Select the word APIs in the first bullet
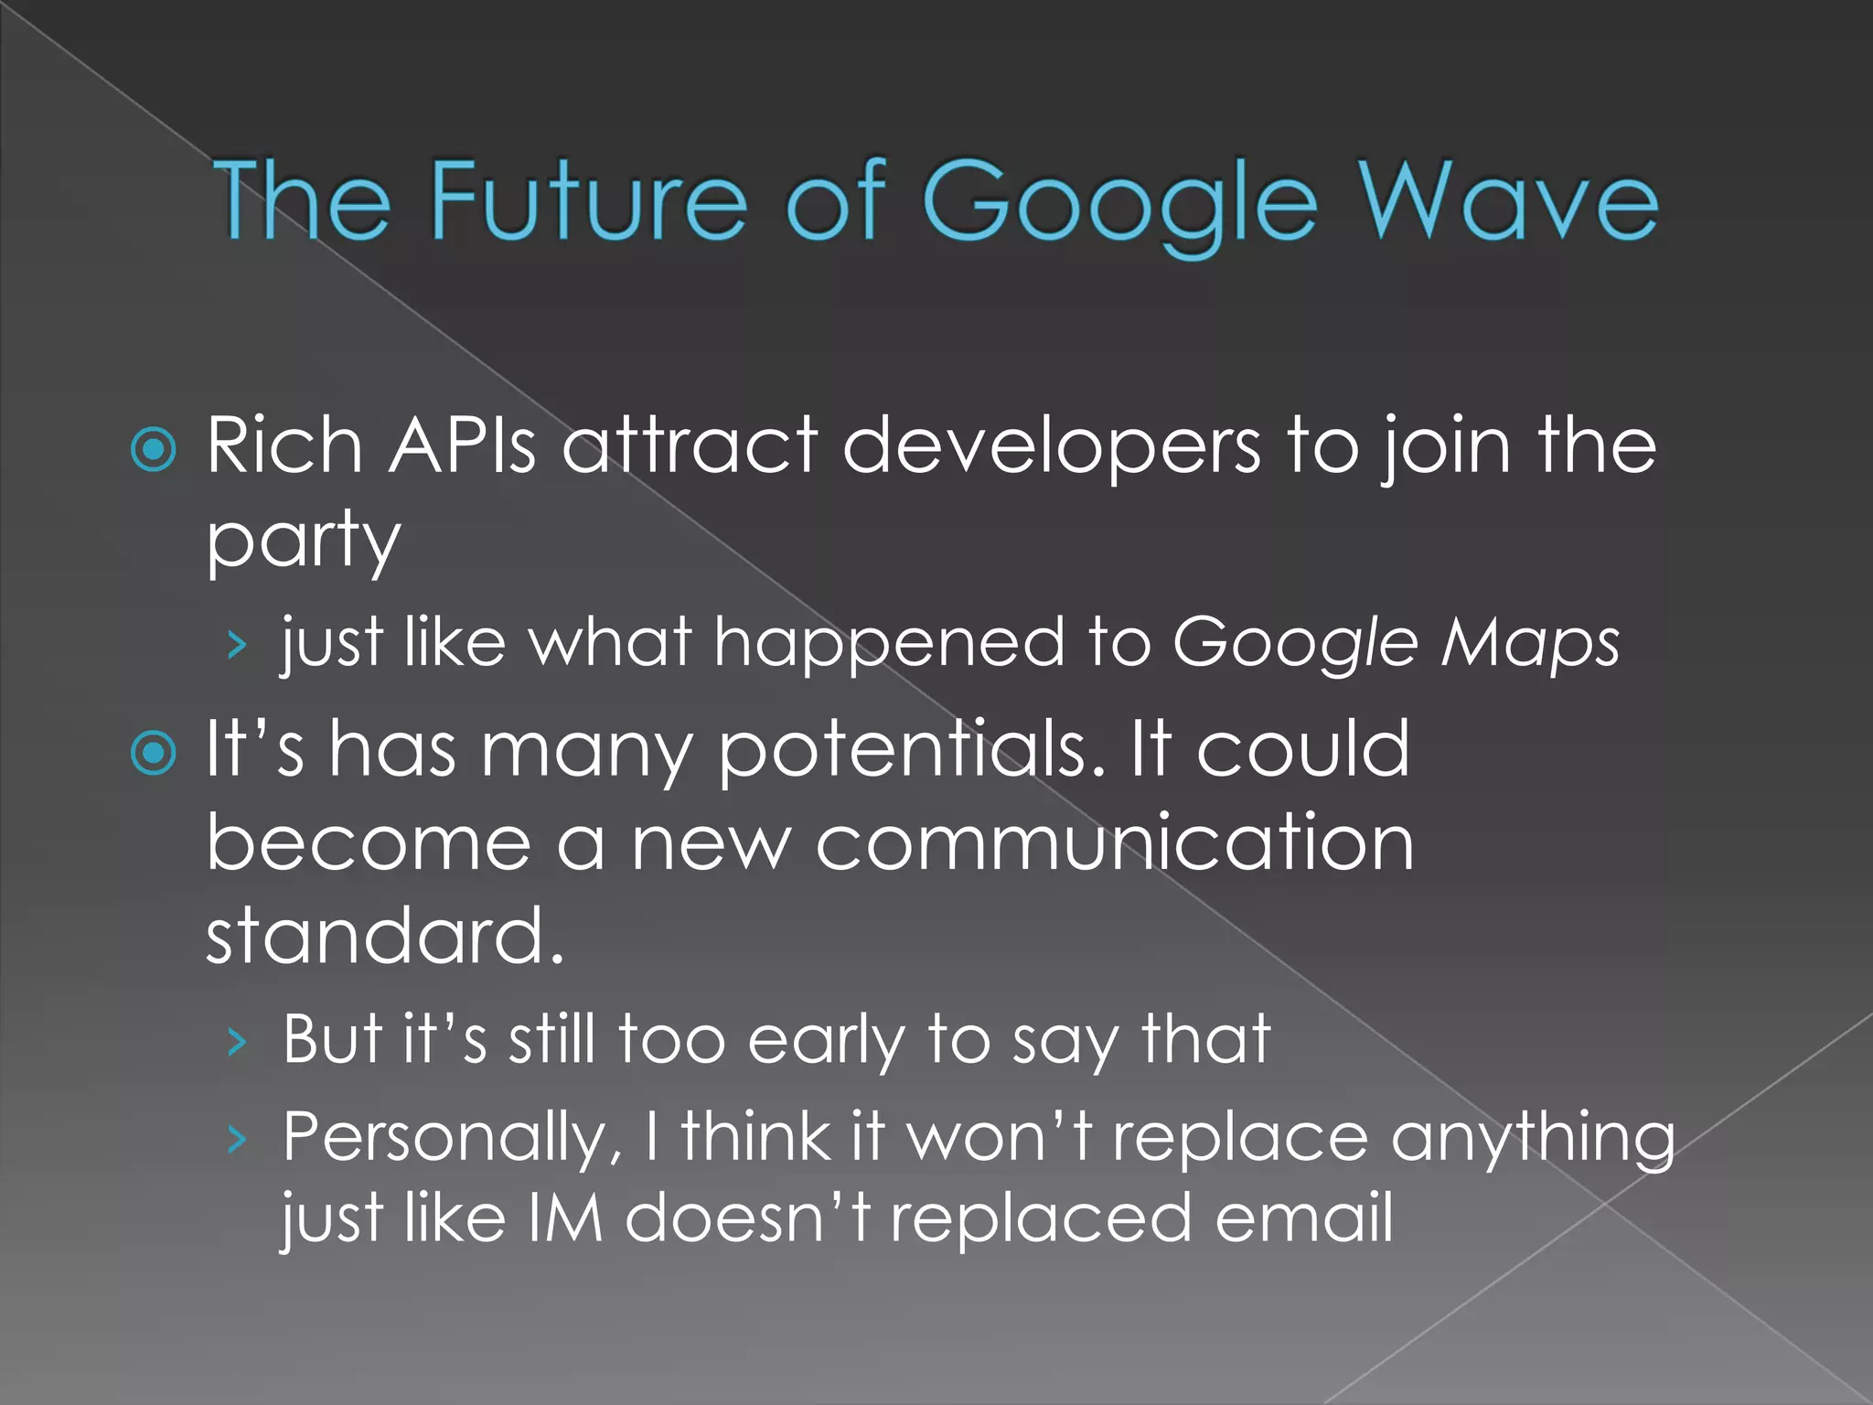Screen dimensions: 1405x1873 (x=462, y=445)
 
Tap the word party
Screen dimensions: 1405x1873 (x=303, y=542)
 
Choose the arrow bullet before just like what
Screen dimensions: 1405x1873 (x=238, y=646)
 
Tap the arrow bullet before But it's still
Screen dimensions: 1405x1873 (x=238, y=1042)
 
